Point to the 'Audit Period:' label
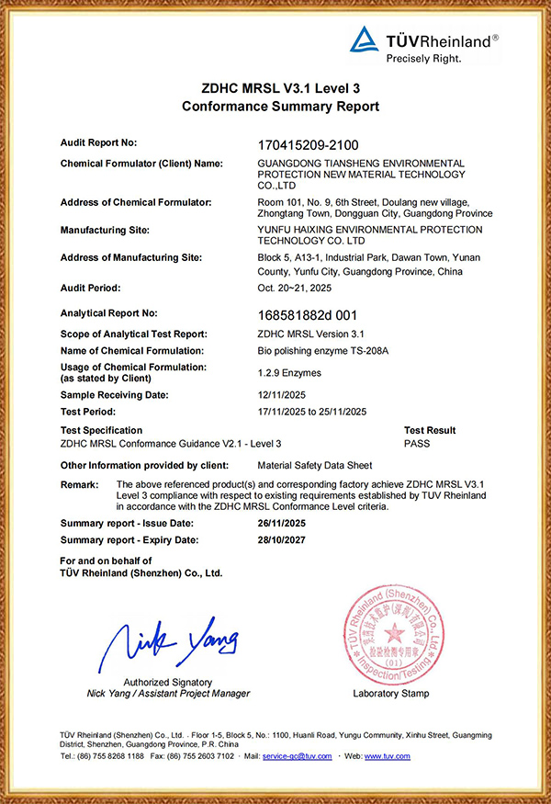pyautogui.click(x=90, y=288)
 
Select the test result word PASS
pyautogui.click(x=416, y=444)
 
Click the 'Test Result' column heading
pyautogui.click(x=430, y=430)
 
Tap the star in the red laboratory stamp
pyautogui.click(x=393, y=633)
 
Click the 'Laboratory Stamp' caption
pyautogui.click(x=390, y=694)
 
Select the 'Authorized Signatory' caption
pyautogui.click(x=168, y=683)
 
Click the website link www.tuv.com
pyautogui.click(x=388, y=756)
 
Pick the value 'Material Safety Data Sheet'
pyautogui.click(x=316, y=465)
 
